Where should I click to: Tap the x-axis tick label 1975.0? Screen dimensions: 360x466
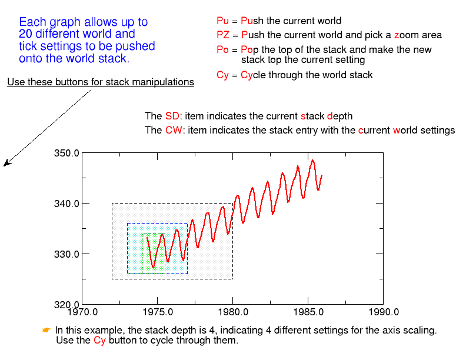pyautogui.click(x=158, y=312)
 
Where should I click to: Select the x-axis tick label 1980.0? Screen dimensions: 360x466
pyautogui.click(x=232, y=312)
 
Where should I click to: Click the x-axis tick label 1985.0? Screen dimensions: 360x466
pyautogui.click(x=308, y=312)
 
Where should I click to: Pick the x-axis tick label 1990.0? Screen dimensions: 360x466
pyautogui.click(x=384, y=312)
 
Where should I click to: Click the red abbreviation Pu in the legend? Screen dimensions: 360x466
pyautogui.click(x=222, y=21)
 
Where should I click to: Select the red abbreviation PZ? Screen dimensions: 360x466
pyautogui.click(x=223, y=35)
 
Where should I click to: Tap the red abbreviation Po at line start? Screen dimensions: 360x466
pyautogui.click(x=222, y=50)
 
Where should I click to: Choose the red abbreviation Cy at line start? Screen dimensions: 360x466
pyautogui.click(x=222, y=75)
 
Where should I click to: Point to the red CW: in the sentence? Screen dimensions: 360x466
pyautogui.click(x=174, y=130)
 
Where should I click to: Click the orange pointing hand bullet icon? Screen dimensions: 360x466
pyautogui.click(x=46, y=330)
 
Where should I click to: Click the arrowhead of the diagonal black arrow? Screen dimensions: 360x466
pyautogui.click(x=5, y=165)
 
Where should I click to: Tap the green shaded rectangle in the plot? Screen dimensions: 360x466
pyautogui.click(x=153, y=254)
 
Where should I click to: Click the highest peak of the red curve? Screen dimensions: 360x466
pyautogui.click(x=312, y=160)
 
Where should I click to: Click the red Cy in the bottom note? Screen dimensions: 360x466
pyautogui.click(x=99, y=341)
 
